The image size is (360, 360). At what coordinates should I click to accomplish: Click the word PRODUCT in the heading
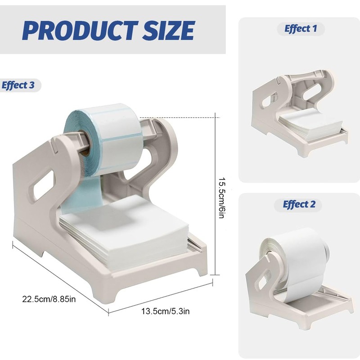[x=80, y=30]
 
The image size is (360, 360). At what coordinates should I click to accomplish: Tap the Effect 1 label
[x=301, y=29]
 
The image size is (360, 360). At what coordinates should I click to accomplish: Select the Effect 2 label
[x=299, y=204]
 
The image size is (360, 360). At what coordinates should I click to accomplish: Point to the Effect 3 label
[x=18, y=85]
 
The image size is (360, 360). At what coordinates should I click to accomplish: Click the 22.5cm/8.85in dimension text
[x=49, y=299]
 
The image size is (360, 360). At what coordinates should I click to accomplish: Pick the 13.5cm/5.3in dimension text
[x=165, y=311]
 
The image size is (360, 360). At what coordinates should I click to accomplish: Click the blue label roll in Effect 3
[x=103, y=140]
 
